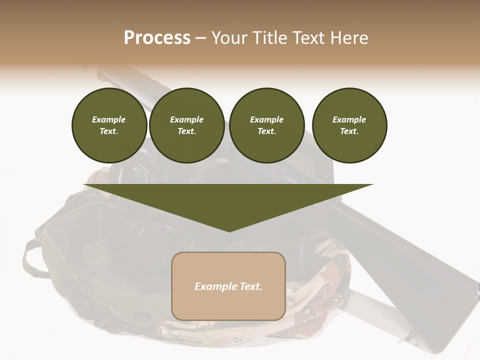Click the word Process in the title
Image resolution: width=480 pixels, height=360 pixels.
157,37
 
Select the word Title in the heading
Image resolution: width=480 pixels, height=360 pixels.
273,37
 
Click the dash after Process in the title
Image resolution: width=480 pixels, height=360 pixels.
201,38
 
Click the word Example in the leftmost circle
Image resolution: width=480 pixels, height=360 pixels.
109,119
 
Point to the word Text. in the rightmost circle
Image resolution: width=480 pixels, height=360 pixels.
349,131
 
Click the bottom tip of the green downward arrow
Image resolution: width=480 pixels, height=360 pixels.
229,231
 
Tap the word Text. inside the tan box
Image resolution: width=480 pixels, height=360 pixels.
249,286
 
